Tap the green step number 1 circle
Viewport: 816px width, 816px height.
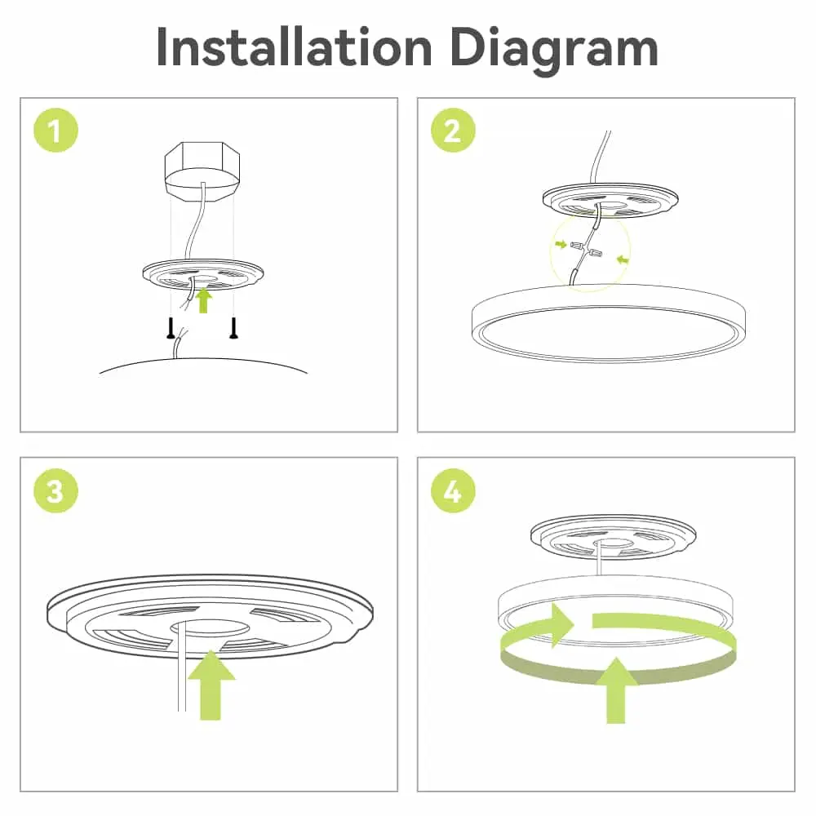55,131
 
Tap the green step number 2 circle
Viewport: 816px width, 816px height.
452,131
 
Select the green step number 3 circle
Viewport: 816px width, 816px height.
55,492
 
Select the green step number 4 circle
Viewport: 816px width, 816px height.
452,492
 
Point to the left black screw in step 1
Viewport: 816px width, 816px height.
171,328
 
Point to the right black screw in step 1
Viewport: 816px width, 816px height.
234,328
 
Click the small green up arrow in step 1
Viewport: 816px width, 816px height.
204,300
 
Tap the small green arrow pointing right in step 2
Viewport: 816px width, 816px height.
561,243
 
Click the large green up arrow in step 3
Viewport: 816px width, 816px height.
210,684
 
